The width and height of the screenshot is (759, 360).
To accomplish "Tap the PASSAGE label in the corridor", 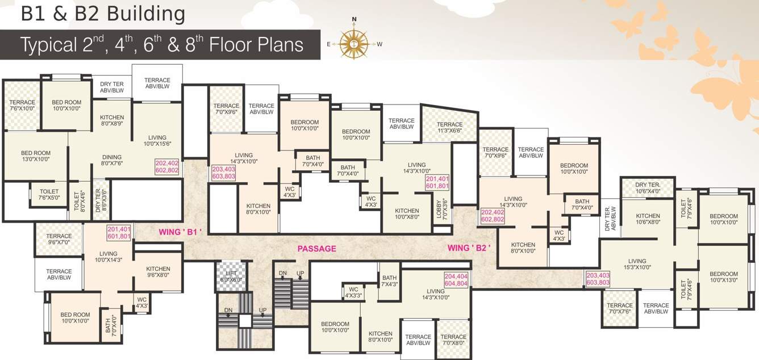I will click(317, 249).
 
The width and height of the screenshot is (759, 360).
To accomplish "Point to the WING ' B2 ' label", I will click(469, 248).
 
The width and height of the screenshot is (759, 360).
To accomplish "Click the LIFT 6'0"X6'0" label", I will click(231, 276).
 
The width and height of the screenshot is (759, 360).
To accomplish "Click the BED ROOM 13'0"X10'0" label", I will click(36, 156).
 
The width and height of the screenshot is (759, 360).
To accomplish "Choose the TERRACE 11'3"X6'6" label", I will click(449, 128).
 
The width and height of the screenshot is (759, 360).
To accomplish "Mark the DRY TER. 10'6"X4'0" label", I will click(648, 188).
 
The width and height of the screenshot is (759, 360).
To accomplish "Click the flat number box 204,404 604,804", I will click(456, 280).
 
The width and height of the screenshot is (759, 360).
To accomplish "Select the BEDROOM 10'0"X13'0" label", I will click(724, 277).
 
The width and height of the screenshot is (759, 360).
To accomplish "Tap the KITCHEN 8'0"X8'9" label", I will click(112, 120).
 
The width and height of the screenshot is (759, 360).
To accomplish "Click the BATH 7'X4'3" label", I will click(389, 281).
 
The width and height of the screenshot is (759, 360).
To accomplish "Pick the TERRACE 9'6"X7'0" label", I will click(59, 239).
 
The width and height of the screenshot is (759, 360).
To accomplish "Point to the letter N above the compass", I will click(354, 19).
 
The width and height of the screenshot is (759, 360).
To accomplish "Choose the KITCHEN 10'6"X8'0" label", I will click(648, 219).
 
